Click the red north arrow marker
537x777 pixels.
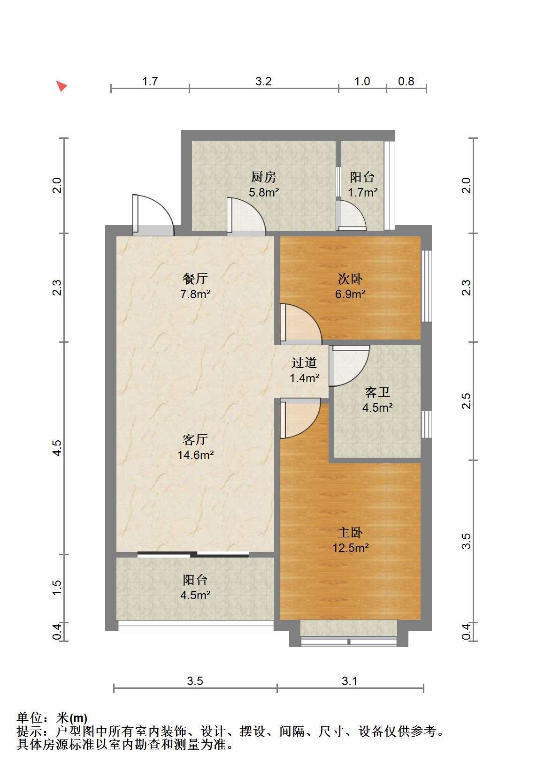62,86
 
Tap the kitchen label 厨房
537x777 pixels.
264,177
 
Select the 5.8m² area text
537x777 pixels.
264,192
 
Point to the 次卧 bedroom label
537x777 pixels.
350,279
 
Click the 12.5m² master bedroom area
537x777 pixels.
350,548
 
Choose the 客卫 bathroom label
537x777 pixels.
377,392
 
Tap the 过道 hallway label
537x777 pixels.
304,362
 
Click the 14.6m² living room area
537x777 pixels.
195,455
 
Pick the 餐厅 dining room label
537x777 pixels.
195,279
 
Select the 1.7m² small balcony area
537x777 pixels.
363,192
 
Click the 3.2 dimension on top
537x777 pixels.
263,81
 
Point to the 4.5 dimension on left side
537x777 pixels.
57,448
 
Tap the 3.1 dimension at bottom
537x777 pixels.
349,681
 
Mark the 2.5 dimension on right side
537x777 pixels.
466,401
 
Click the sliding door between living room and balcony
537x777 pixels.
193,554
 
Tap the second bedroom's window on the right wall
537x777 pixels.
426,286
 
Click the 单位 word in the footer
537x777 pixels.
30,718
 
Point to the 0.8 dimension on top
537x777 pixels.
406,81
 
